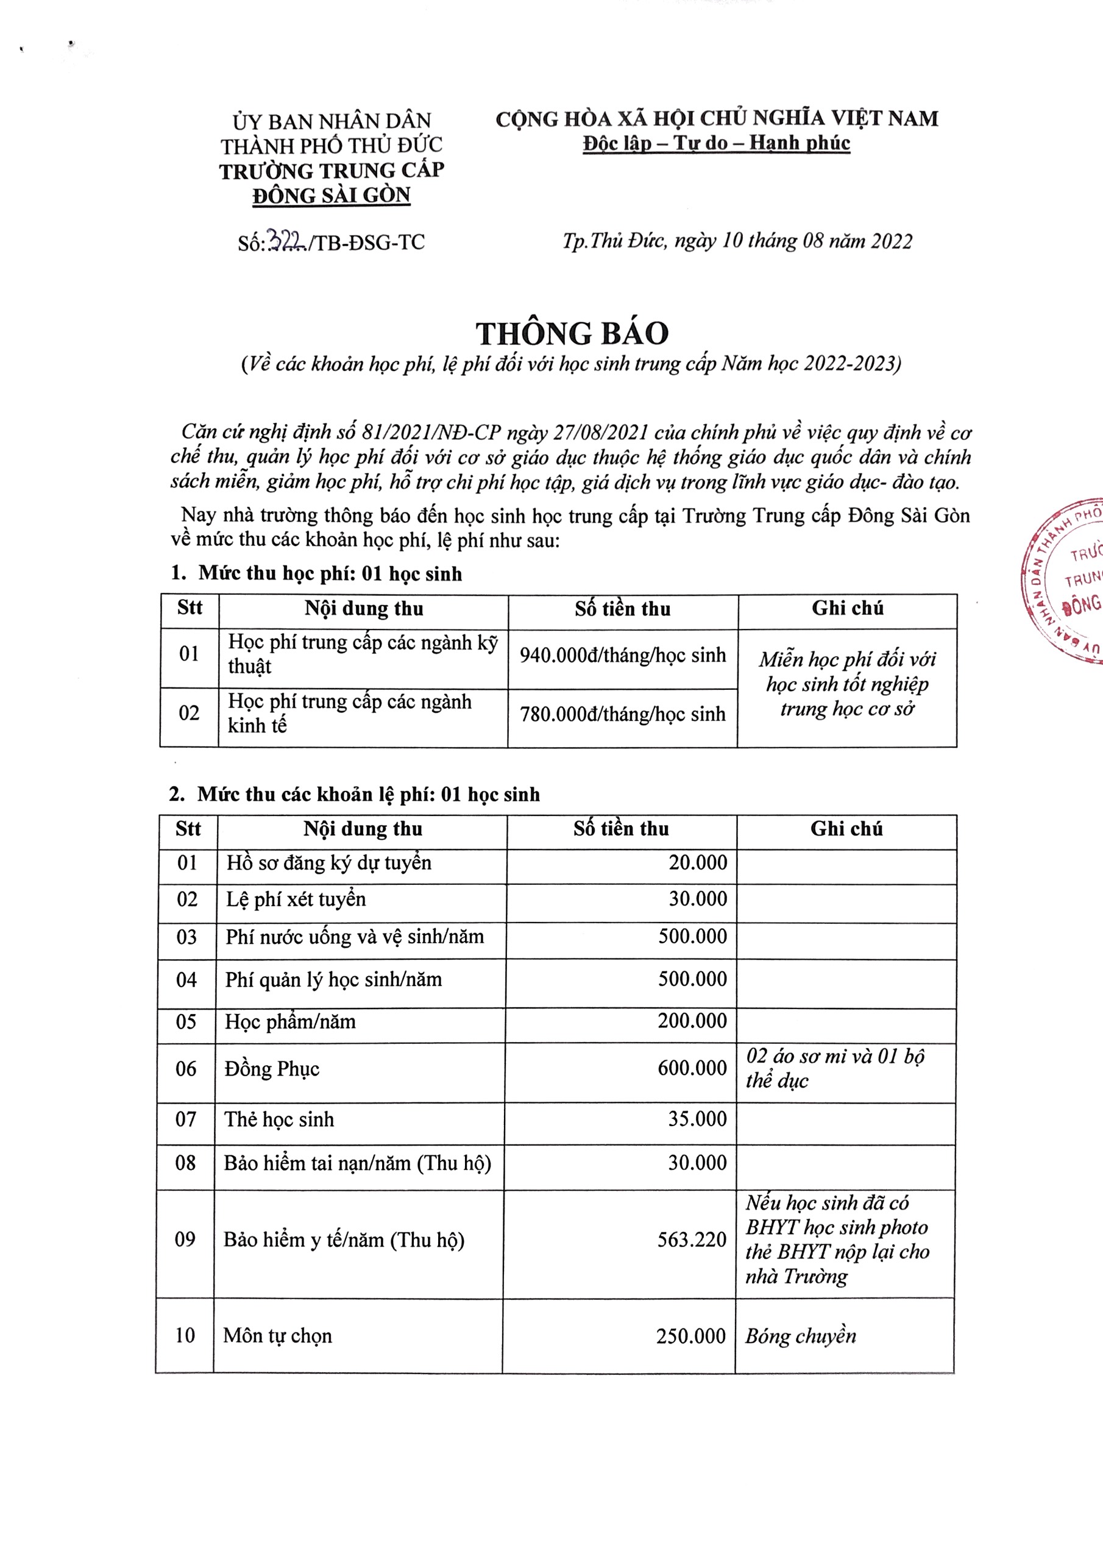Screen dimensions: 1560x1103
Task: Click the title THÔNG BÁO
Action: tap(572, 333)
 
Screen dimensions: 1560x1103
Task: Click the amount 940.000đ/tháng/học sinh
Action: tap(623, 656)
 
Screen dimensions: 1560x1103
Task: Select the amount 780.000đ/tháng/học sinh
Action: tap(623, 715)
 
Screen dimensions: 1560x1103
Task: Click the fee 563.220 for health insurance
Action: tap(692, 1240)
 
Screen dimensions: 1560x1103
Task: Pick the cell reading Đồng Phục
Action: tap(272, 1069)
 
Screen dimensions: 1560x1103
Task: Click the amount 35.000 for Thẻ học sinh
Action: tap(697, 1119)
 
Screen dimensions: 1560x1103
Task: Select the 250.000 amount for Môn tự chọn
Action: tap(691, 1336)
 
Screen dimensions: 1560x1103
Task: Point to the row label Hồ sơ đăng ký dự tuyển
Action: tap(329, 863)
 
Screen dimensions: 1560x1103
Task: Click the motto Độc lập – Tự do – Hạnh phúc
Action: tap(716, 143)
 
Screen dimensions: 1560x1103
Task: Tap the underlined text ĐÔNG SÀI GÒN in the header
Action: tap(332, 196)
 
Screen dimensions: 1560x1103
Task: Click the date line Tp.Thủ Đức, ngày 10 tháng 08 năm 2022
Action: tap(737, 241)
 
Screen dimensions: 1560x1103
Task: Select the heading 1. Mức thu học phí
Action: tap(316, 573)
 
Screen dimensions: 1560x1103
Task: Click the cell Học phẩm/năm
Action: tap(290, 1022)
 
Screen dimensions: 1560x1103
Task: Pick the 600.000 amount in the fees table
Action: tap(692, 1069)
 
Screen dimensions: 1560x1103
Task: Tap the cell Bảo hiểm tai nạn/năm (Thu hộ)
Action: tap(358, 1163)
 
